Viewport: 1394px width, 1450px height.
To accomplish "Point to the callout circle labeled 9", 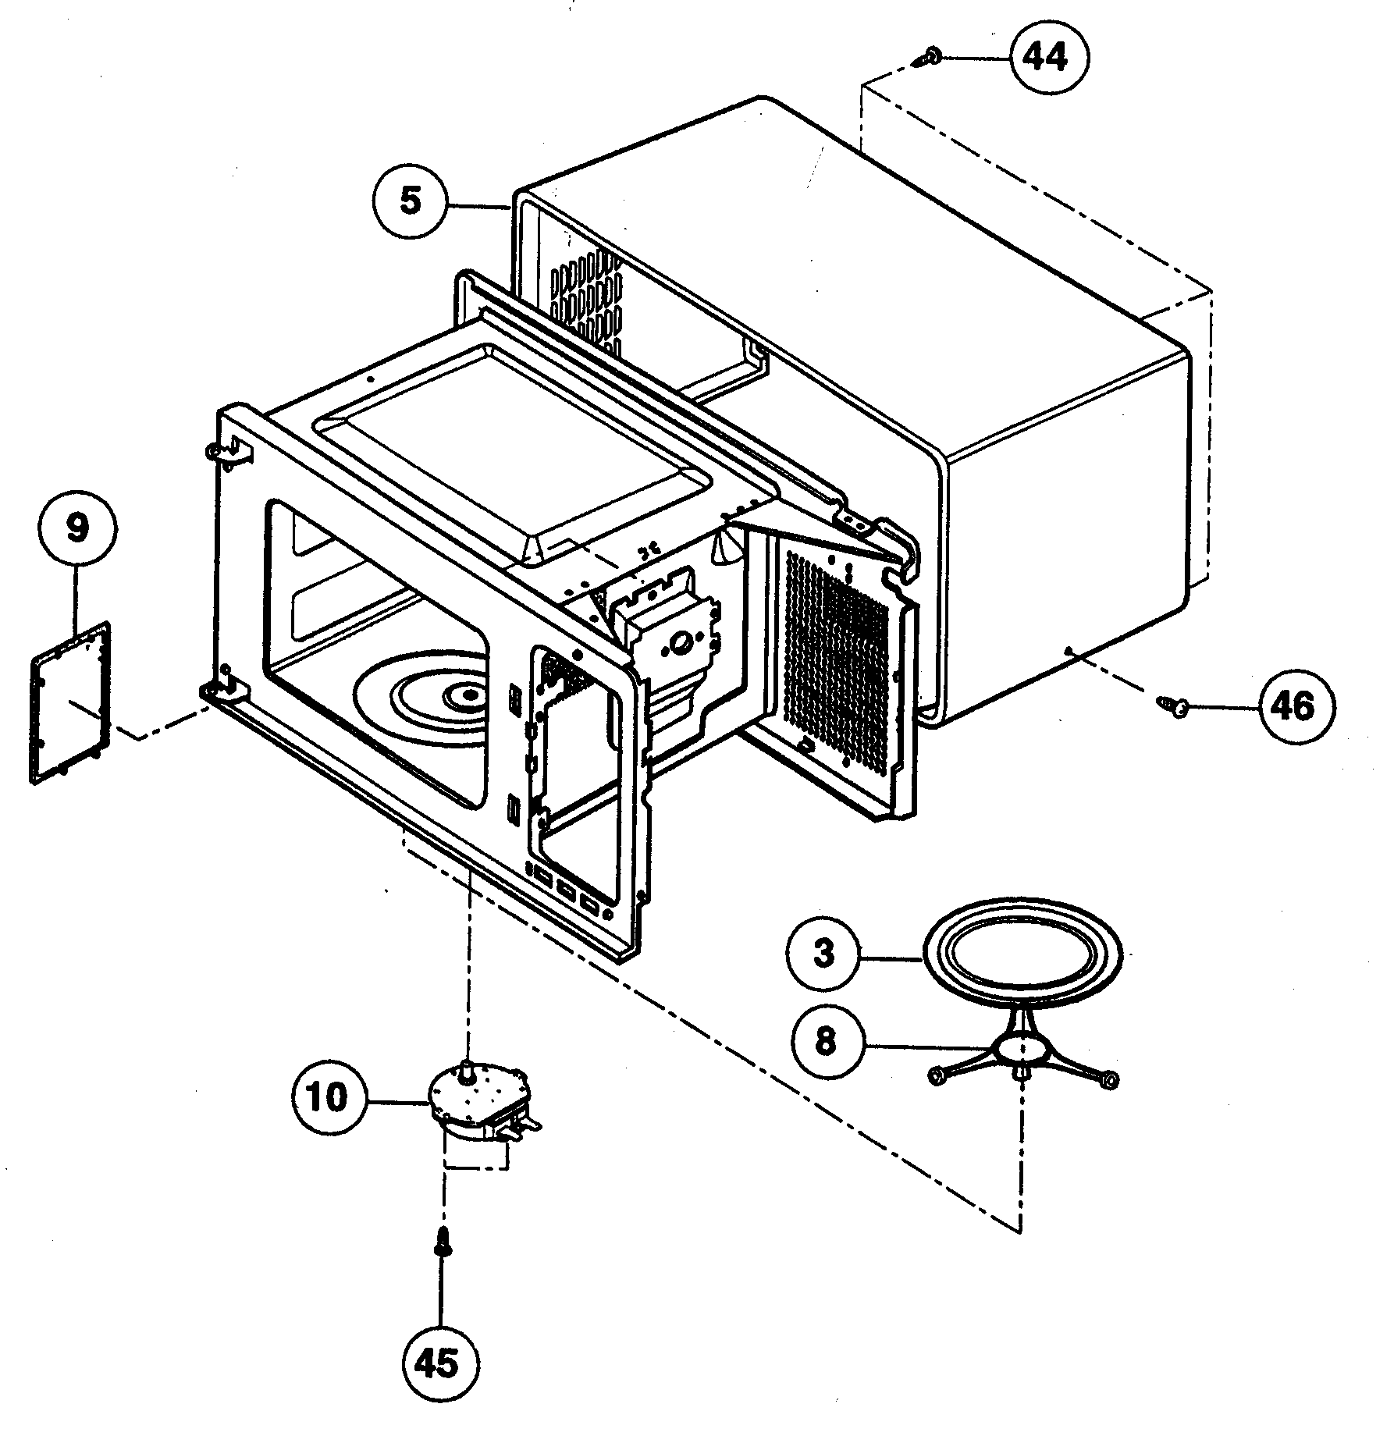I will click(76, 528).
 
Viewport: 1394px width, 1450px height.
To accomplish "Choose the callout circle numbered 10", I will click(329, 1098).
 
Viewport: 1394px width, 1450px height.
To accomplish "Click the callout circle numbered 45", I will click(442, 1363).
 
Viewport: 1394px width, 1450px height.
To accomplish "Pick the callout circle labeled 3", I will click(825, 954).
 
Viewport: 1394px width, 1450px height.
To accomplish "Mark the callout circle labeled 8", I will click(825, 1042).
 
